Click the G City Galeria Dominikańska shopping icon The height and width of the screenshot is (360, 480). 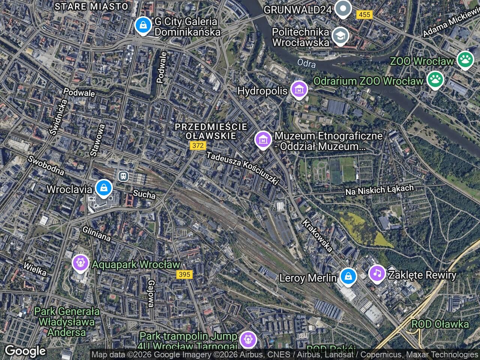[142, 25]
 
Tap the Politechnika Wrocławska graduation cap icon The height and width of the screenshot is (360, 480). [340, 36]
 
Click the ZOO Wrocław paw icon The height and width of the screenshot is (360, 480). [465, 60]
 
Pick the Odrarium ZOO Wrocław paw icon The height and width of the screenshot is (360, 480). [435, 79]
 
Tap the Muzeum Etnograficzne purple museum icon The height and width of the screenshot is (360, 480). [263, 139]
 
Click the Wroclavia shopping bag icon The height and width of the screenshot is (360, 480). [103, 188]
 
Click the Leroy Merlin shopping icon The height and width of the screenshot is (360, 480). [348, 277]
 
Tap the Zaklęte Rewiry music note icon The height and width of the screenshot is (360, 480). [377, 273]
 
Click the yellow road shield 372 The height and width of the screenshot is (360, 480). [198, 145]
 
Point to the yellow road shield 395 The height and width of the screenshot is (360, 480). [184, 274]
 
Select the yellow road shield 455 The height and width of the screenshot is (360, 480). [364, 15]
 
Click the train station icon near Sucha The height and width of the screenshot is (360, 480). [123, 175]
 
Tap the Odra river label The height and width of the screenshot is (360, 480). [306, 63]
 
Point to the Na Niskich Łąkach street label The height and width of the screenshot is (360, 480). [379, 190]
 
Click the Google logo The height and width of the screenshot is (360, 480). [25, 351]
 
